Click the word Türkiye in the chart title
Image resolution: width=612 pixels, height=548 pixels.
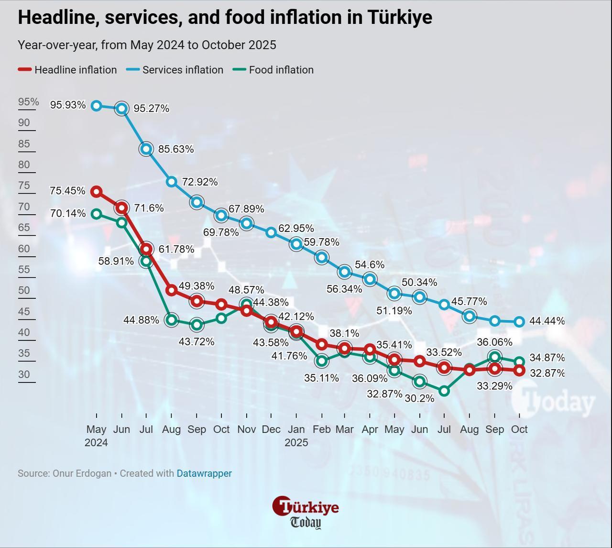tap(400, 17)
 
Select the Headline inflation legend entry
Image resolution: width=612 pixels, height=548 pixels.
tap(67, 70)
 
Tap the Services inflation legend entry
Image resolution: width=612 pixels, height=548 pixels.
tap(175, 70)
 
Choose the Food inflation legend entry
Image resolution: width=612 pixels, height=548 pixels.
tap(273, 70)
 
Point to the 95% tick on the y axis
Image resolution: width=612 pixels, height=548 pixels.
tap(29, 102)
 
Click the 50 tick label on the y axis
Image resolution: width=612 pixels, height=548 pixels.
tap(24, 291)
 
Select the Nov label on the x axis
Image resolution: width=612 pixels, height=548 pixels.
tap(246, 429)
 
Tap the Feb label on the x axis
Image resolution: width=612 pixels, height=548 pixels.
tap(321, 429)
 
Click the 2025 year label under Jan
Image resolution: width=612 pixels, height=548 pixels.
tap(296, 443)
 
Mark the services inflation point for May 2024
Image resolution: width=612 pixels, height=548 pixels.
tap(97, 106)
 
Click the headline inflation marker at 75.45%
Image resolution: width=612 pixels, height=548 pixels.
tap(97, 192)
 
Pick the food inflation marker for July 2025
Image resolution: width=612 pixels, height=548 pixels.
tap(444, 391)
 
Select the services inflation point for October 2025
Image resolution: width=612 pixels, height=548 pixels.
tap(520, 322)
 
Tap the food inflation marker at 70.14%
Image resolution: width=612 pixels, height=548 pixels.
tap(97, 214)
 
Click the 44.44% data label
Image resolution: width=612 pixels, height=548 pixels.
tap(547, 321)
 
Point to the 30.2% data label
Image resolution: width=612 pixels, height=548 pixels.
tap(419, 398)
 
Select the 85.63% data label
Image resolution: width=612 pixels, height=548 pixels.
tap(176, 149)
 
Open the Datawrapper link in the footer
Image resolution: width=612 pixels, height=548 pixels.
tap(204, 473)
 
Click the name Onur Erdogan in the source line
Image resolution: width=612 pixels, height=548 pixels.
tap(82, 473)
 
